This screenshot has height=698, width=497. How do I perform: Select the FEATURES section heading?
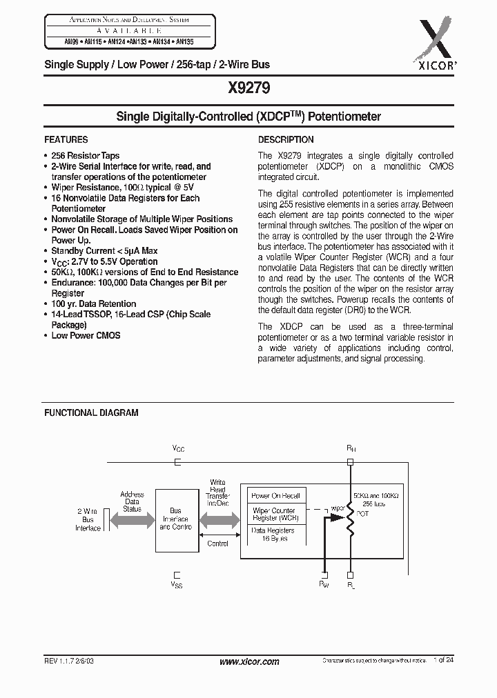pyautogui.click(x=66, y=139)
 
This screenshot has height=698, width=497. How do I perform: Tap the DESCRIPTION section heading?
pyautogui.click(x=286, y=139)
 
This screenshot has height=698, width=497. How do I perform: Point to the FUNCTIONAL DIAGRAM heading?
pyautogui.click(x=91, y=412)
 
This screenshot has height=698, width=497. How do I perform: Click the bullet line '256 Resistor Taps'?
pyautogui.click(x=85, y=156)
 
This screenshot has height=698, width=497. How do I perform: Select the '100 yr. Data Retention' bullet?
pyautogui.click(x=93, y=303)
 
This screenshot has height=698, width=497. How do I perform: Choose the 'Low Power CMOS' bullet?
pyautogui.click(x=86, y=335)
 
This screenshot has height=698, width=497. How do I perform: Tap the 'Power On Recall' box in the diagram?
pyautogui.click(x=275, y=496)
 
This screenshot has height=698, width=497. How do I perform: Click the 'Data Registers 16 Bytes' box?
pyautogui.click(x=273, y=534)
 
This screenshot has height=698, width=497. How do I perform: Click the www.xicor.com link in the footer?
pyautogui.click(x=248, y=661)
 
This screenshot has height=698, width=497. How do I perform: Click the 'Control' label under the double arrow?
pyautogui.click(x=218, y=544)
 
